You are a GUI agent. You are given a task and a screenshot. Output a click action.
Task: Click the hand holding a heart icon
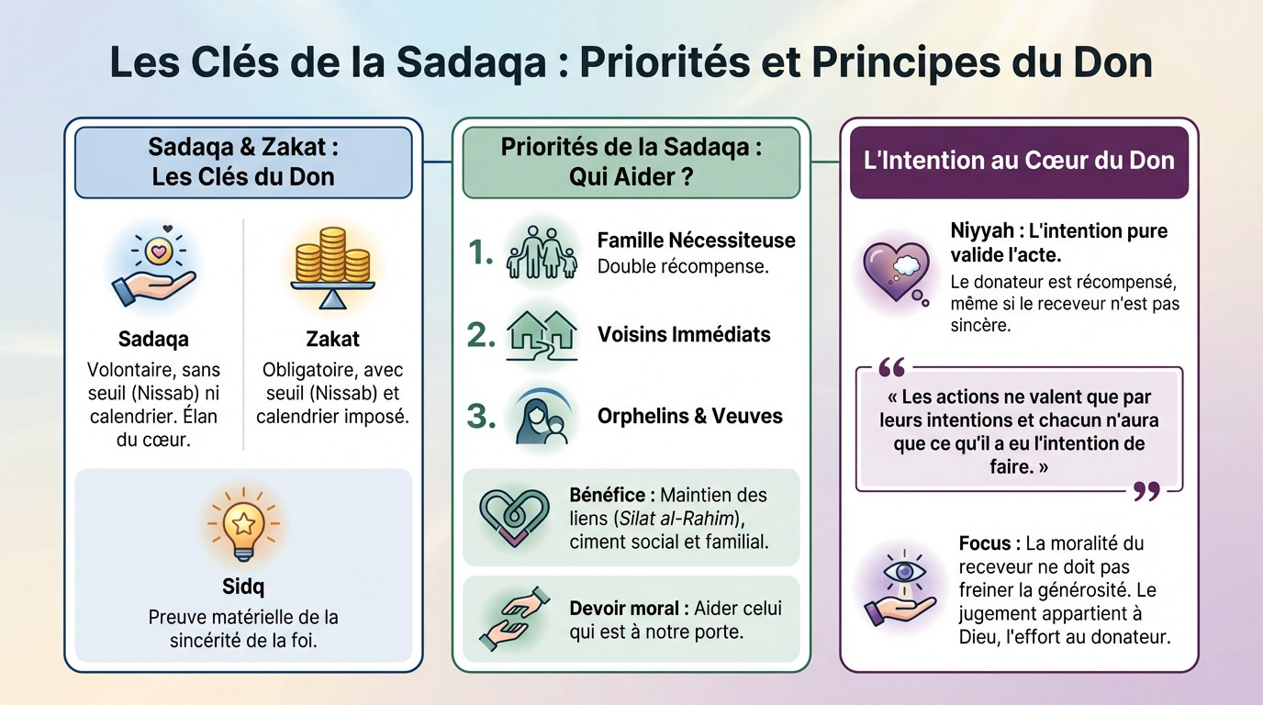click(153, 266)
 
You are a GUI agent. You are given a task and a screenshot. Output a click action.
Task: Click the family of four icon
click(542, 251)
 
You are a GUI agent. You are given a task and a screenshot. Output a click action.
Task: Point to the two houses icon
click(542, 334)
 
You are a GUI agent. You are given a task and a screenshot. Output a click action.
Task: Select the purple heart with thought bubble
click(894, 270)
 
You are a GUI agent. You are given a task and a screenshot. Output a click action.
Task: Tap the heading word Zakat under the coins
click(332, 340)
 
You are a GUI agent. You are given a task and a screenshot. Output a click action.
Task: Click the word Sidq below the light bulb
click(243, 586)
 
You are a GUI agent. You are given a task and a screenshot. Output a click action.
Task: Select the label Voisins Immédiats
click(684, 334)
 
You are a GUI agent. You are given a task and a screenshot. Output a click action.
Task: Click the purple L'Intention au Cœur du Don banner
click(1019, 162)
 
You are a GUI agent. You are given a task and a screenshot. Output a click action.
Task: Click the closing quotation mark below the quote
click(1146, 492)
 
